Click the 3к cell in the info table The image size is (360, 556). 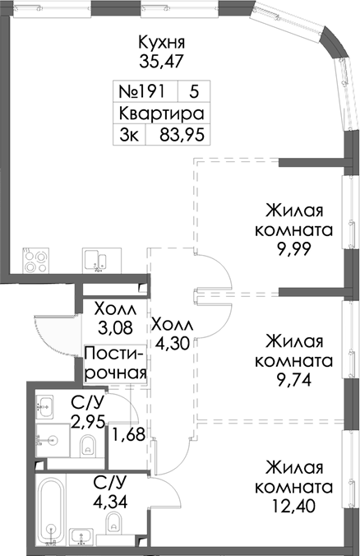click(128, 135)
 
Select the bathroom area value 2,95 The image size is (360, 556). click(87, 421)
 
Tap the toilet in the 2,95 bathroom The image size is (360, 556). click(88, 447)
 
